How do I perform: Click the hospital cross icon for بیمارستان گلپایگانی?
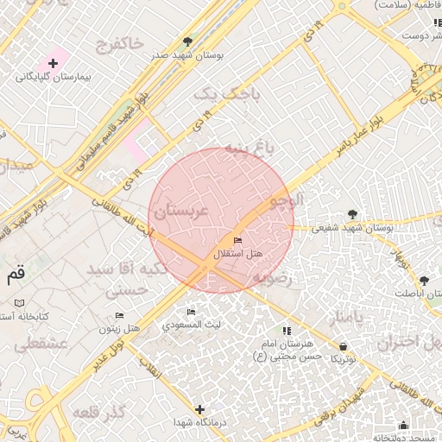tap(54, 63)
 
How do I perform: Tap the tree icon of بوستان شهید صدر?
tap(188, 41)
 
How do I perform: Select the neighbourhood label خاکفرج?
tap(120, 42)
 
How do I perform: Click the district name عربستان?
tap(181, 211)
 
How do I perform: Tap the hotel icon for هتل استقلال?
tap(237, 240)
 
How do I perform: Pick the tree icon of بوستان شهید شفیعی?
tap(352, 213)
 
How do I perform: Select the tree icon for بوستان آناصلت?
tap(424, 280)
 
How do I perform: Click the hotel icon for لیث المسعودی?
tap(191, 312)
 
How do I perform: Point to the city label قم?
tap(16, 275)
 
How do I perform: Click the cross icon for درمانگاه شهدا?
tap(200, 409)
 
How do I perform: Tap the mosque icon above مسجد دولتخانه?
tap(403, 425)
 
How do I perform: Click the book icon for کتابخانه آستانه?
tap(20, 304)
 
